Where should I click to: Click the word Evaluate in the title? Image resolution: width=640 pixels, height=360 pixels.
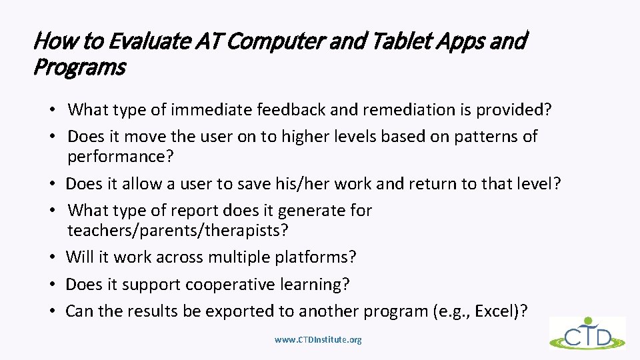click(151, 41)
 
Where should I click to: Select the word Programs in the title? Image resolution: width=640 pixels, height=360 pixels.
click(79, 67)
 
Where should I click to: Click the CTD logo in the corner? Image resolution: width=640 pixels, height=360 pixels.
click(587, 333)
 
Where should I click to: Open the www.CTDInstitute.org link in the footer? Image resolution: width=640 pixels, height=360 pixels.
click(318, 340)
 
